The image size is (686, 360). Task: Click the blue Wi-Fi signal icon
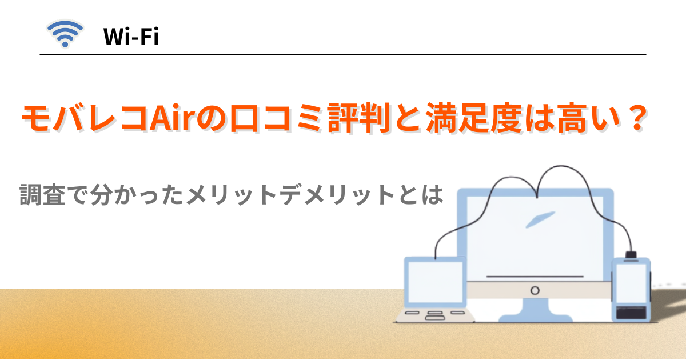(x=65, y=34)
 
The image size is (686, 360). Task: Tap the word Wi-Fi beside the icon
(x=131, y=37)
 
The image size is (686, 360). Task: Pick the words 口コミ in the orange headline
(x=269, y=119)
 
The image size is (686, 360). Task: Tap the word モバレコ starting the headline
(x=85, y=119)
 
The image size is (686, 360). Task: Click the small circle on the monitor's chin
(x=535, y=290)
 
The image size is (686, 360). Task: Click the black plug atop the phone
(x=631, y=254)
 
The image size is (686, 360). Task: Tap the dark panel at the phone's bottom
(x=631, y=313)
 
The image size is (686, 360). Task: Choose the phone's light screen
(x=631, y=284)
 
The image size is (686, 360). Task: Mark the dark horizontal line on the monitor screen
(x=535, y=277)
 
